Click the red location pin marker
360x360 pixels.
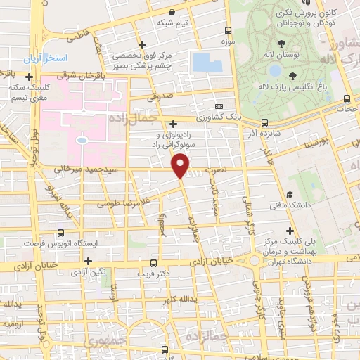[181, 166]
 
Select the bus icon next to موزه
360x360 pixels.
[228, 30]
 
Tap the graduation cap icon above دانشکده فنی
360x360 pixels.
[290, 194]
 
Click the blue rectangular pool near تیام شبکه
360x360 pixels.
[207, 62]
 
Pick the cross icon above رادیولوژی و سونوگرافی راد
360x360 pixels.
[173, 124]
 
